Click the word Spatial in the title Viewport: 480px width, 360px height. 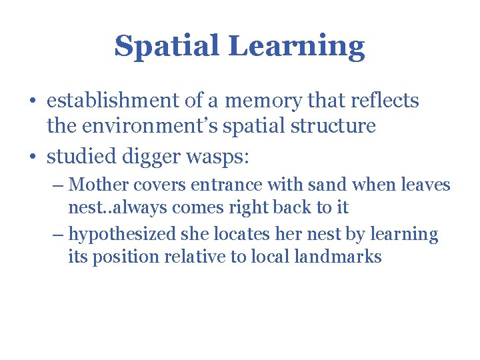click(x=167, y=47)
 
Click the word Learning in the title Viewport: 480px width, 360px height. click(x=297, y=47)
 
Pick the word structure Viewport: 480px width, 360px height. click(x=336, y=126)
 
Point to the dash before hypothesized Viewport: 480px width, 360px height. click(x=57, y=235)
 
